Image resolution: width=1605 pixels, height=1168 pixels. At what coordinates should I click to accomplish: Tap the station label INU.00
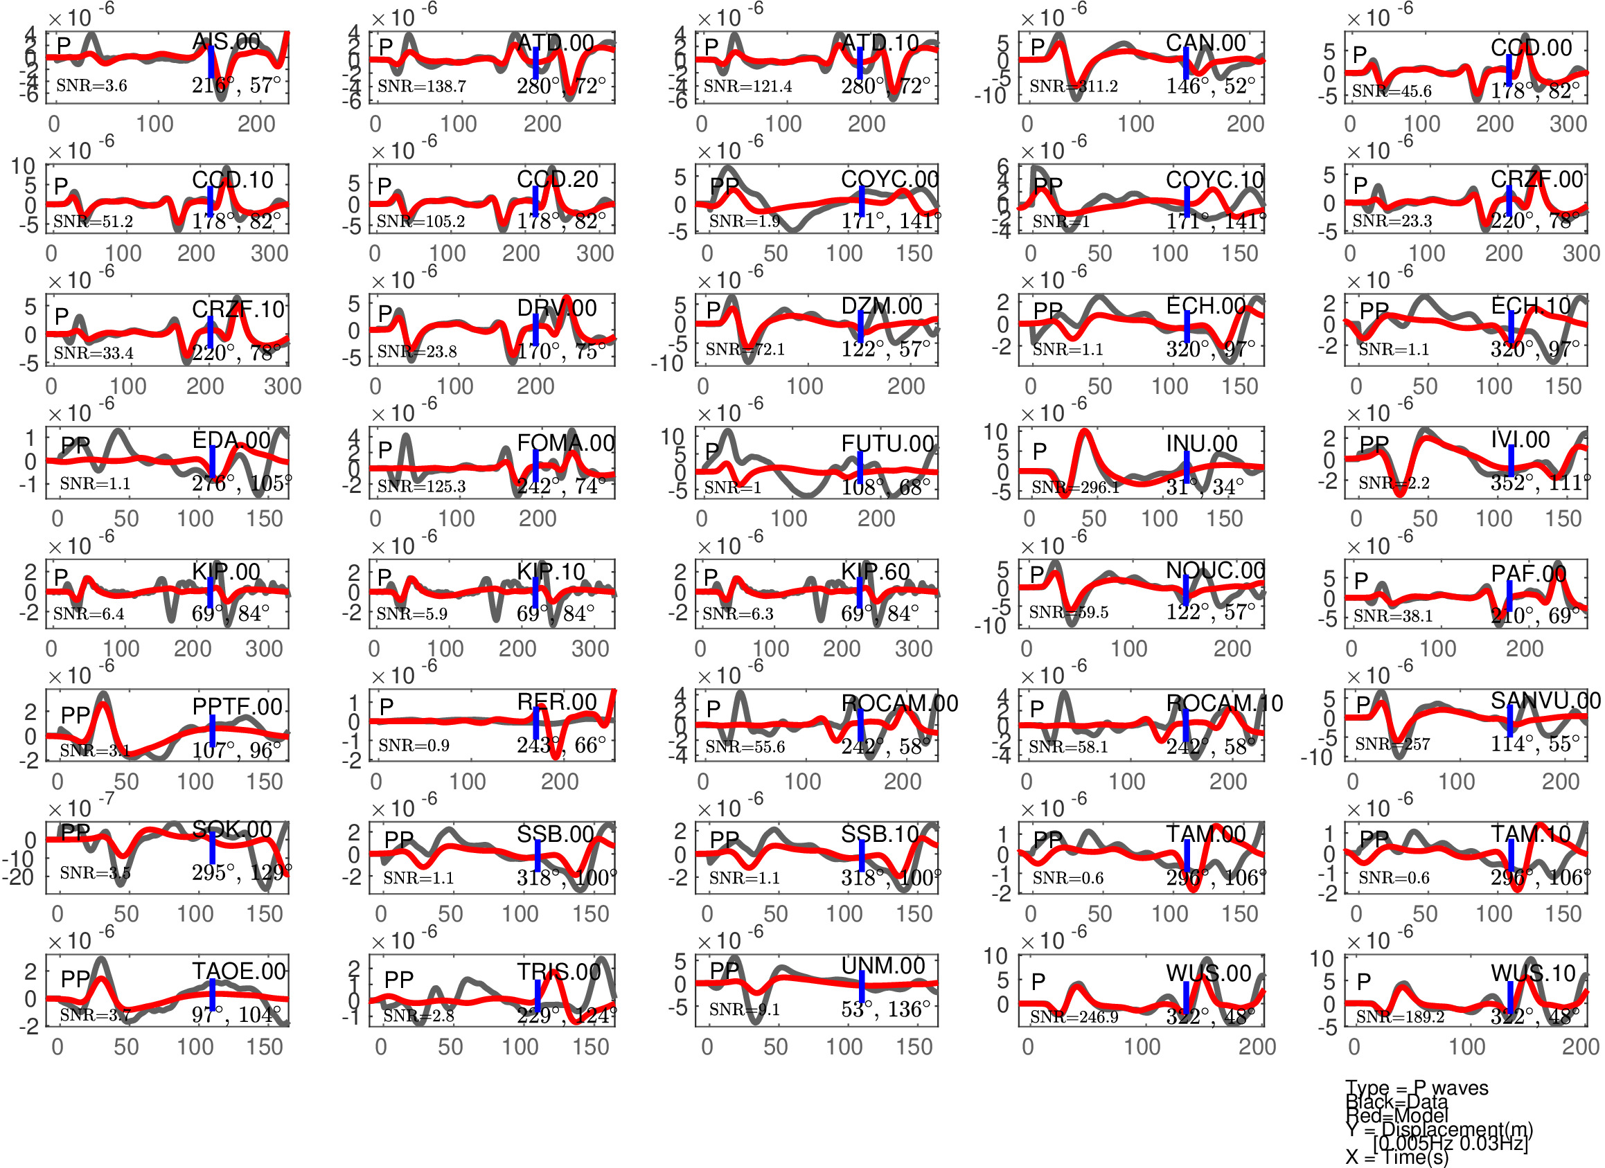pos(1201,444)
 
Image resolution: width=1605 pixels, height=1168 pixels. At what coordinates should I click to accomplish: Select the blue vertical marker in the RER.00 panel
pos(535,722)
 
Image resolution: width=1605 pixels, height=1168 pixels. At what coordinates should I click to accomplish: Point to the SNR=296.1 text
pos(1075,487)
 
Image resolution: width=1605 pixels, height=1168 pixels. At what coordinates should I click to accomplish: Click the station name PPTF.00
pos(237,706)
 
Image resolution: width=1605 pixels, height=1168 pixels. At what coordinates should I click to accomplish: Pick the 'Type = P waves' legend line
pos(1416,1088)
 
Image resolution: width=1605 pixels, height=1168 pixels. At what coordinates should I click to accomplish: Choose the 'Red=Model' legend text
pos(1396,1115)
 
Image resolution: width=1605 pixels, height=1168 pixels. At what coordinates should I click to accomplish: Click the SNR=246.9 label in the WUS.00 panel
pos(1074,1016)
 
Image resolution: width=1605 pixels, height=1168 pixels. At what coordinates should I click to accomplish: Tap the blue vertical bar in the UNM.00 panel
pos(861,986)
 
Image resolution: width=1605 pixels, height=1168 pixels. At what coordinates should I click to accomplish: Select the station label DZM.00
pos(881,306)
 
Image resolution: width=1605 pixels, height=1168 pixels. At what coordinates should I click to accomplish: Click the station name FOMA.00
pos(565,443)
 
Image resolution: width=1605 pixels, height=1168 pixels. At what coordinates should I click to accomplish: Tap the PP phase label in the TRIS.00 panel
pos(398,979)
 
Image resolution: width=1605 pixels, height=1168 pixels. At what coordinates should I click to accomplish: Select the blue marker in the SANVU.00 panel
pos(1509,720)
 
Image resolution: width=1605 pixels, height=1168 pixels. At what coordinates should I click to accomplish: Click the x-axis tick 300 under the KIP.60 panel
pos(913,649)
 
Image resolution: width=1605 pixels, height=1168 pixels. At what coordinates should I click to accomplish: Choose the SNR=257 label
pos(1392,744)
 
